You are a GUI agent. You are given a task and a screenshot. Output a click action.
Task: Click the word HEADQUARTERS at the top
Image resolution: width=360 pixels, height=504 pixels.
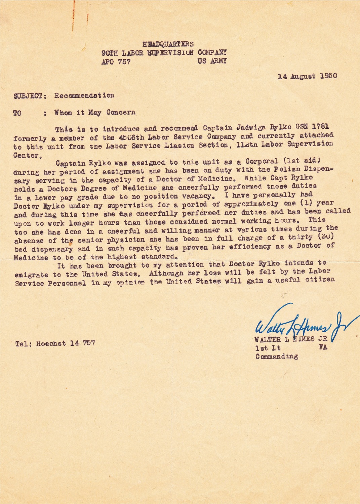168,44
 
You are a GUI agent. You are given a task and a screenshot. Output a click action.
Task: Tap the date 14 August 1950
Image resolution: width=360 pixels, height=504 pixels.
307,76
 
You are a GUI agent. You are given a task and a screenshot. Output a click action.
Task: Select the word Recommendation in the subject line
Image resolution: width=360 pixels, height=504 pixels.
84,96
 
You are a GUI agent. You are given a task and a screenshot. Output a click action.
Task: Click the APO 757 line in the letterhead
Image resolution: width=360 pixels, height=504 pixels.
116,62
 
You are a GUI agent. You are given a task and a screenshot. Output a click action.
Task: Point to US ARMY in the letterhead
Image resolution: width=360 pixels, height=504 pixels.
212,61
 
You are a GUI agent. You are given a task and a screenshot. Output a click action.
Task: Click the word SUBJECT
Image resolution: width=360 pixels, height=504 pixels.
28,96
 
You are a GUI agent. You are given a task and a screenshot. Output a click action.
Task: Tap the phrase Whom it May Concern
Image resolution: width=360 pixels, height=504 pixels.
95,113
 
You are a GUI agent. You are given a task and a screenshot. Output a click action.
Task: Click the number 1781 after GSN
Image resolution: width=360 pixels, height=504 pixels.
321,127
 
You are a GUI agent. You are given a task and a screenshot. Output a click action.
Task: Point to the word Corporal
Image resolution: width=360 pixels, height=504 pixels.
262,161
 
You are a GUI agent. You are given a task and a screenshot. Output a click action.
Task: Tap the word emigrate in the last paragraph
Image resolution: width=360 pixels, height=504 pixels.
32,275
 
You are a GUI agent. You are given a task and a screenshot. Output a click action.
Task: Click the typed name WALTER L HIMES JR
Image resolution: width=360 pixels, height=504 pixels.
291,339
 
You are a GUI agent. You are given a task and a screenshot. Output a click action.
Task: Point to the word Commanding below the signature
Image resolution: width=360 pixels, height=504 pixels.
277,356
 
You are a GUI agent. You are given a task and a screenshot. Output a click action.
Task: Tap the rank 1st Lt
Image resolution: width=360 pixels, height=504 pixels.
268,348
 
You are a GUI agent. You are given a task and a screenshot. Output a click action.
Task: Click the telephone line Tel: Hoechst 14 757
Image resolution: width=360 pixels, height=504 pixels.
55,343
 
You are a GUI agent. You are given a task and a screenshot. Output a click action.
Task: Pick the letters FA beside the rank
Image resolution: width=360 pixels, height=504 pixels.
323,347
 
